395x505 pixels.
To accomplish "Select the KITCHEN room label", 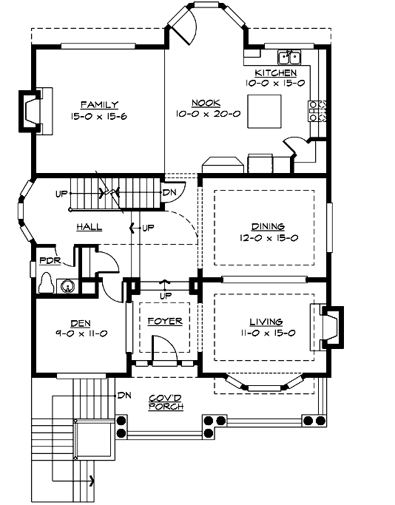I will [276, 73].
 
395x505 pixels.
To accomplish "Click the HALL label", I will [88, 228].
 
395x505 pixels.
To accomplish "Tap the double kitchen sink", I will [288, 57].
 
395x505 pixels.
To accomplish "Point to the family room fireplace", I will [33, 110].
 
